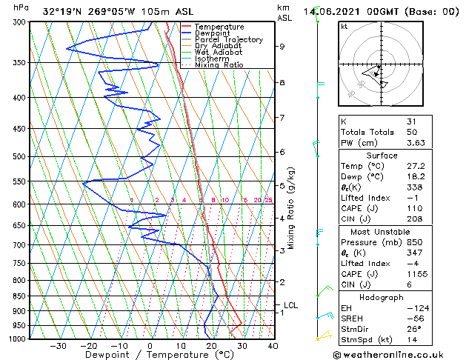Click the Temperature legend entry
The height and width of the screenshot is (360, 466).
tap(219, 27)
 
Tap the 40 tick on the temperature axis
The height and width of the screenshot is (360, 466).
tap(273, 346)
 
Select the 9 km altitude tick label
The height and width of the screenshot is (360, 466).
tap(282, 47)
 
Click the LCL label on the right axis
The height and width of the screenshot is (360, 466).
tap(290, 304)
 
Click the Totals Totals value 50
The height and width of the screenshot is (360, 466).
tap(411, 132)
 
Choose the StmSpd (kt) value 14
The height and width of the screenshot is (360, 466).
tap(411, 339)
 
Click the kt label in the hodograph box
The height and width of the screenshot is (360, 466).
tap(344, 27)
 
